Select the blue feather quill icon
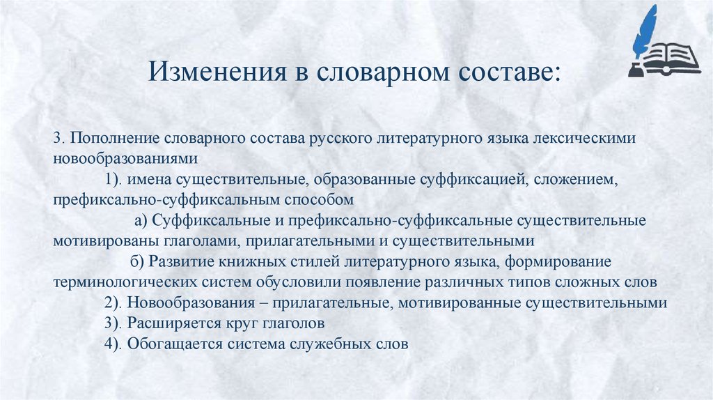tap(647, 34)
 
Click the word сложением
tap(575, 180)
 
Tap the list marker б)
tap(136, 262)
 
